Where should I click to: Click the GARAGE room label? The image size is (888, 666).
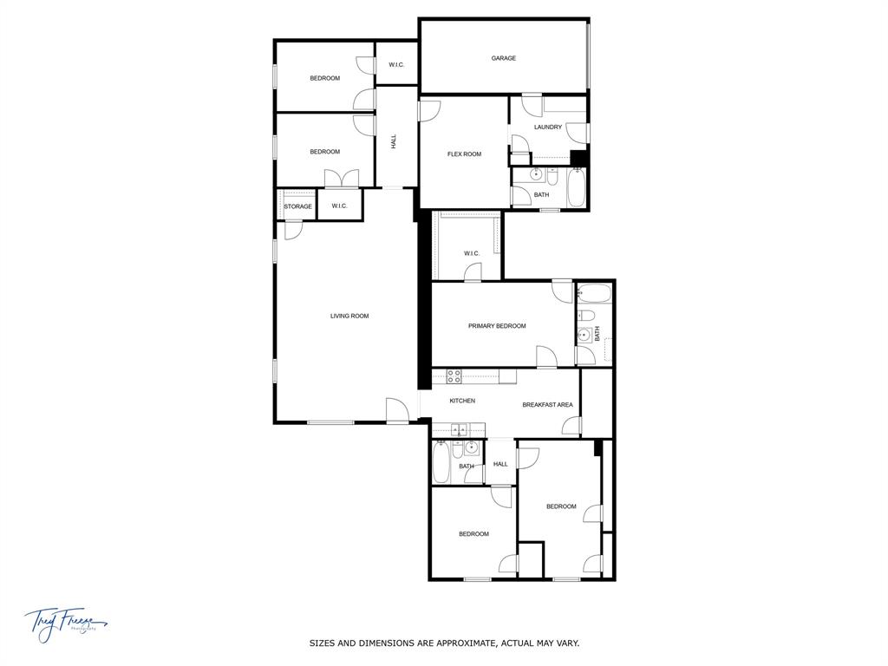(x=503, y=58)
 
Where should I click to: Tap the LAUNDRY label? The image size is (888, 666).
(x=547, y=127)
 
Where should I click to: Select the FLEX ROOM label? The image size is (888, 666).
(x=464, y=154)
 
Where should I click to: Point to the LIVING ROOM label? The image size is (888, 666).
(x=349, y=316)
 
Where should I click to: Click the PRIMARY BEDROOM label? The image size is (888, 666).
(x=497, y=326)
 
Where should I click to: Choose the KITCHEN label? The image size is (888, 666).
(x=462, y=401)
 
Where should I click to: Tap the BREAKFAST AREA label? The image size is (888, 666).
(x=547, y=405)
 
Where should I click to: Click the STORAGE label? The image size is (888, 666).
(x=297, y=206)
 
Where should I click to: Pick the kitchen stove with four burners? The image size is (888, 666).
(x=454, y=376)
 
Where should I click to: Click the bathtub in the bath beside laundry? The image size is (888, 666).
(x=577, y=189)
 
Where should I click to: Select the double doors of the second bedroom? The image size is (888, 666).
(x=341, y=179)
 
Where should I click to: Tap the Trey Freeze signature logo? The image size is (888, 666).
(x=65, y=623)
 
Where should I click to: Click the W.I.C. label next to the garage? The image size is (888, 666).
(x=396, y=64)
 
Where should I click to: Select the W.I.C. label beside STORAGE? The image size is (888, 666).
(x=339, y=206)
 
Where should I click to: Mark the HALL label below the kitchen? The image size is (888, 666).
(x=500, y=464)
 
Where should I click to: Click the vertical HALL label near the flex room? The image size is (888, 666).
(x=394, y=140)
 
